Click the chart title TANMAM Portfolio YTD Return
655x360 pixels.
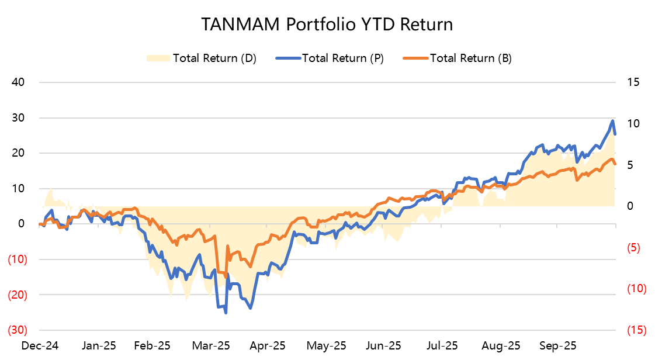[x=327, y=24]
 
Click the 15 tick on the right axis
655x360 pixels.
[x=633, y=82]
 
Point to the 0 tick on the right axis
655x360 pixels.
[x=630, y=206]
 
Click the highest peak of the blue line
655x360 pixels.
[x=612, y=121]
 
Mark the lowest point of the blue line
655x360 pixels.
[x=226, y=313]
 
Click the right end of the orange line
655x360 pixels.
[x=615, y=164]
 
